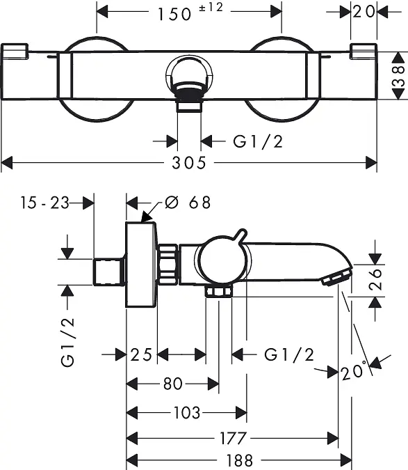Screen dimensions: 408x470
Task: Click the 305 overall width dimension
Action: pyautogui.click(x=189, y=163)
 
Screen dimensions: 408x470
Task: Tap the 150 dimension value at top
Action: pyautogui.click(x=174, y=14)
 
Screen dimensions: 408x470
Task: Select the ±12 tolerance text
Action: pyautogui.click(x=211, y=7)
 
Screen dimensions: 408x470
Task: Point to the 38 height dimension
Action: pyautogui.click(x=398, y=76)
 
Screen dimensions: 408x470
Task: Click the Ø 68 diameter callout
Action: pyautogui.click(x=188, y=203)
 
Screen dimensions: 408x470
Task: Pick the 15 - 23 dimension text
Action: pyautogui.click(x=44, y=203)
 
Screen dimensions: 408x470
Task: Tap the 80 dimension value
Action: pyautogui.click(x=173, y=384)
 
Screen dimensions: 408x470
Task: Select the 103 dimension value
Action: pyautogui.click(x=187, y=413)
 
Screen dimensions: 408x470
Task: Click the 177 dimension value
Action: pyautogui.click(x=233, y=438)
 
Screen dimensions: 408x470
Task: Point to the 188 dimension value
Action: pyautogui.click(x=240, y=460)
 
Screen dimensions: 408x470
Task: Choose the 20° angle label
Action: pyautogui.click(x=354, y=371)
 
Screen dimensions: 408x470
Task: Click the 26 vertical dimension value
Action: pyautogui.click(x=375, y=279)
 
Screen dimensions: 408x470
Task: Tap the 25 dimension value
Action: pyautogui.click(x=141, y=355)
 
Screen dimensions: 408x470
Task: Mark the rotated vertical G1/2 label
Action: pyautogui.click(x=67, y=342)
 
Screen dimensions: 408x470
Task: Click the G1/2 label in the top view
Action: pyautogui.click(x=258, y=141)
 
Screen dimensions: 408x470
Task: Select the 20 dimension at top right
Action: pyautogui.click(x=364, y=12)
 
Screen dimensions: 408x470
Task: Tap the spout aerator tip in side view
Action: pyautogui.click(x=337, y=278)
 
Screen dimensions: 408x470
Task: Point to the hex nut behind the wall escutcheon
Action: pyautogui.click(x=168, y=265)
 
